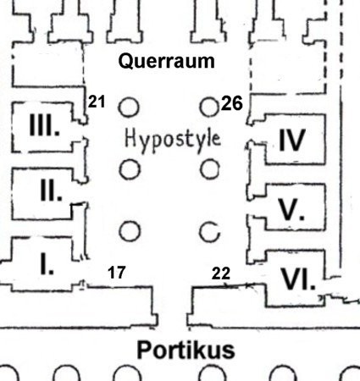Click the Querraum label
click(x=167, y=62)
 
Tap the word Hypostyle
click(x=173, y=140)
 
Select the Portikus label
click(x=186, y=350)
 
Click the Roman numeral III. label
click(x=44, y=125)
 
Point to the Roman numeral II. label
click(x=51, y=191)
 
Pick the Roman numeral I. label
click(x=47, y=264)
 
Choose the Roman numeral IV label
click(x=292, y=140)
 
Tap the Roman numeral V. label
click(x=291, y=209)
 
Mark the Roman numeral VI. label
click(x=298, y=279)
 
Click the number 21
click(x=97, y=102)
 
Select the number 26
click(x=232, y=103)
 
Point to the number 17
click(x=117, y=273)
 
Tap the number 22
click(x=221, y=273)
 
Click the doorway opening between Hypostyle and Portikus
click(x=172, y=306)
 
